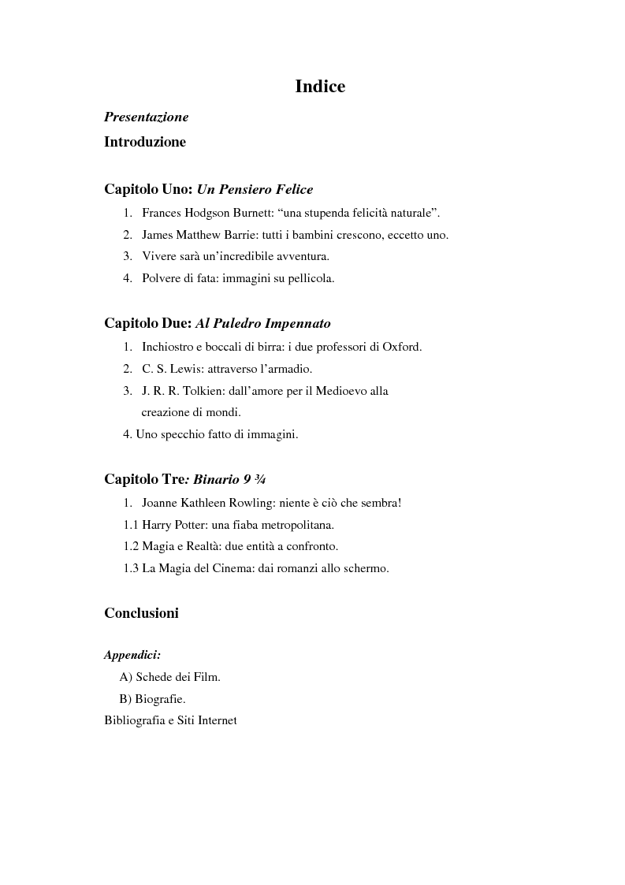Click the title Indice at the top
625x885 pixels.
(320, 87)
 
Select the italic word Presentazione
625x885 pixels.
(146, 117)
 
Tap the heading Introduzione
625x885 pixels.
(145, 143)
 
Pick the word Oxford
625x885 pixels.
(402, 347)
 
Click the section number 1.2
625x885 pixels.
(131, 546)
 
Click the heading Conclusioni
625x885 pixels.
(141, 613)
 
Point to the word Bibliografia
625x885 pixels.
(135, 720)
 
